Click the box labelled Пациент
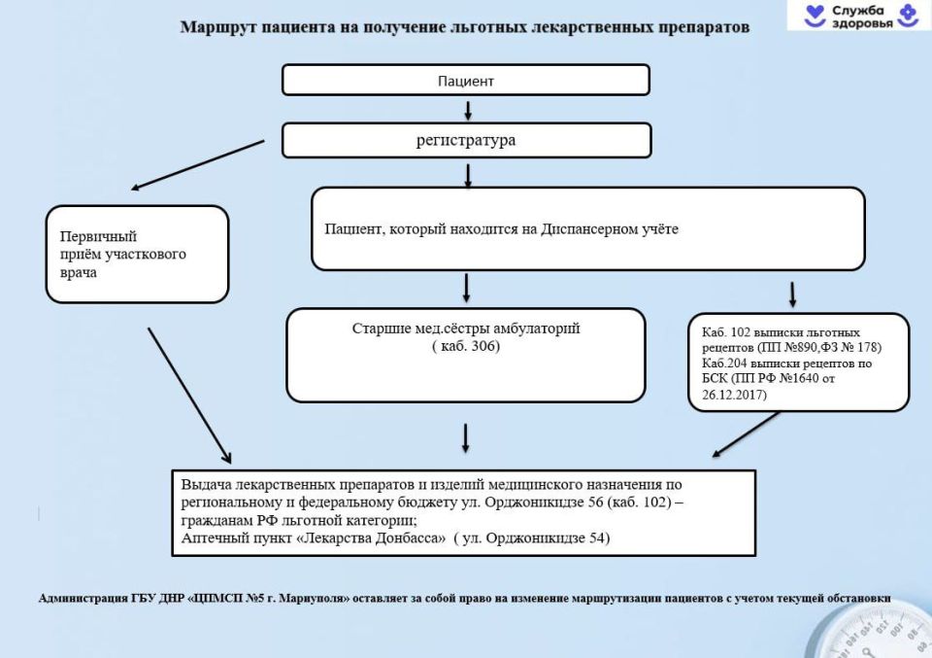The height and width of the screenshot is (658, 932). pyautogui.click(x=465, y=80)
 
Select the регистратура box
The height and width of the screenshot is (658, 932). pyautogui.click(x=465, y=140)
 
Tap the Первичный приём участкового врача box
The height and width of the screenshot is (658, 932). pyautogui.click(x=137, y=254)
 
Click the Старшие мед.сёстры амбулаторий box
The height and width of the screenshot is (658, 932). pyautogui.click(x=465, y=355)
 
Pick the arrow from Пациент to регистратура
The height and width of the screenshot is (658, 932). pyautogui.click(x=467, y=109)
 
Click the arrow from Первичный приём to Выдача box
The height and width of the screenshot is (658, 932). pyautogui.click(x=189, y=395)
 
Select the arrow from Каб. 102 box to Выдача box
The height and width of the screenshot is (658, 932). pyautogui.click(x=747, y=433)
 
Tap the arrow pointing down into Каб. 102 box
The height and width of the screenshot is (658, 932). pyautogui.click(x=792, y=294)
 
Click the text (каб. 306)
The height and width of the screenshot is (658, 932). pyautogui.click(x=465, y=346)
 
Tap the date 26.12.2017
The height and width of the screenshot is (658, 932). pyautogui.click(x=734, y=395)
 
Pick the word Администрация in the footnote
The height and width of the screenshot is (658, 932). pyautogui.click(x=81, y=598)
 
